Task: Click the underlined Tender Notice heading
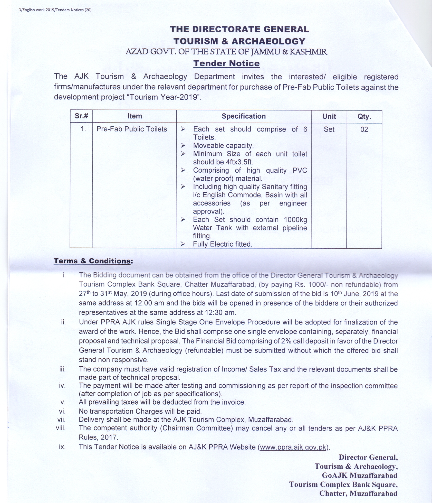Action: (x=226, y=63)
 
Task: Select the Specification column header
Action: (x=244, y=116)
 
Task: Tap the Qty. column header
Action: (x=364, y=116)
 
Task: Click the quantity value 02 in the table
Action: (x=364, y=129)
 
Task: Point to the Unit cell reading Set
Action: (x=329, y=129)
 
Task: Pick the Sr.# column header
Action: (x=81, y=116)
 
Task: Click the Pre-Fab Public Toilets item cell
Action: (x=132, y=129)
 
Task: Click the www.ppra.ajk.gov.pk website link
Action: (x=293, y=447)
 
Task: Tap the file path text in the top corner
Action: (x=55, y=10)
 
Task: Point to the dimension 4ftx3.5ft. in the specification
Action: (x=239, y=162)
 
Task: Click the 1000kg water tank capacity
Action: (x=295, y=220)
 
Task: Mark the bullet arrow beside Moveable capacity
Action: (x=183, y=146)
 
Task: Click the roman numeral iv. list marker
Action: (x=62, y=386)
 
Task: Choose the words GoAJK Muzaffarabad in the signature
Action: (x=360, y=475)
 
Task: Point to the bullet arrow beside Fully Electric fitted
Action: (x=183, y=244)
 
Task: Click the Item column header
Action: (x=135, y=116)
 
